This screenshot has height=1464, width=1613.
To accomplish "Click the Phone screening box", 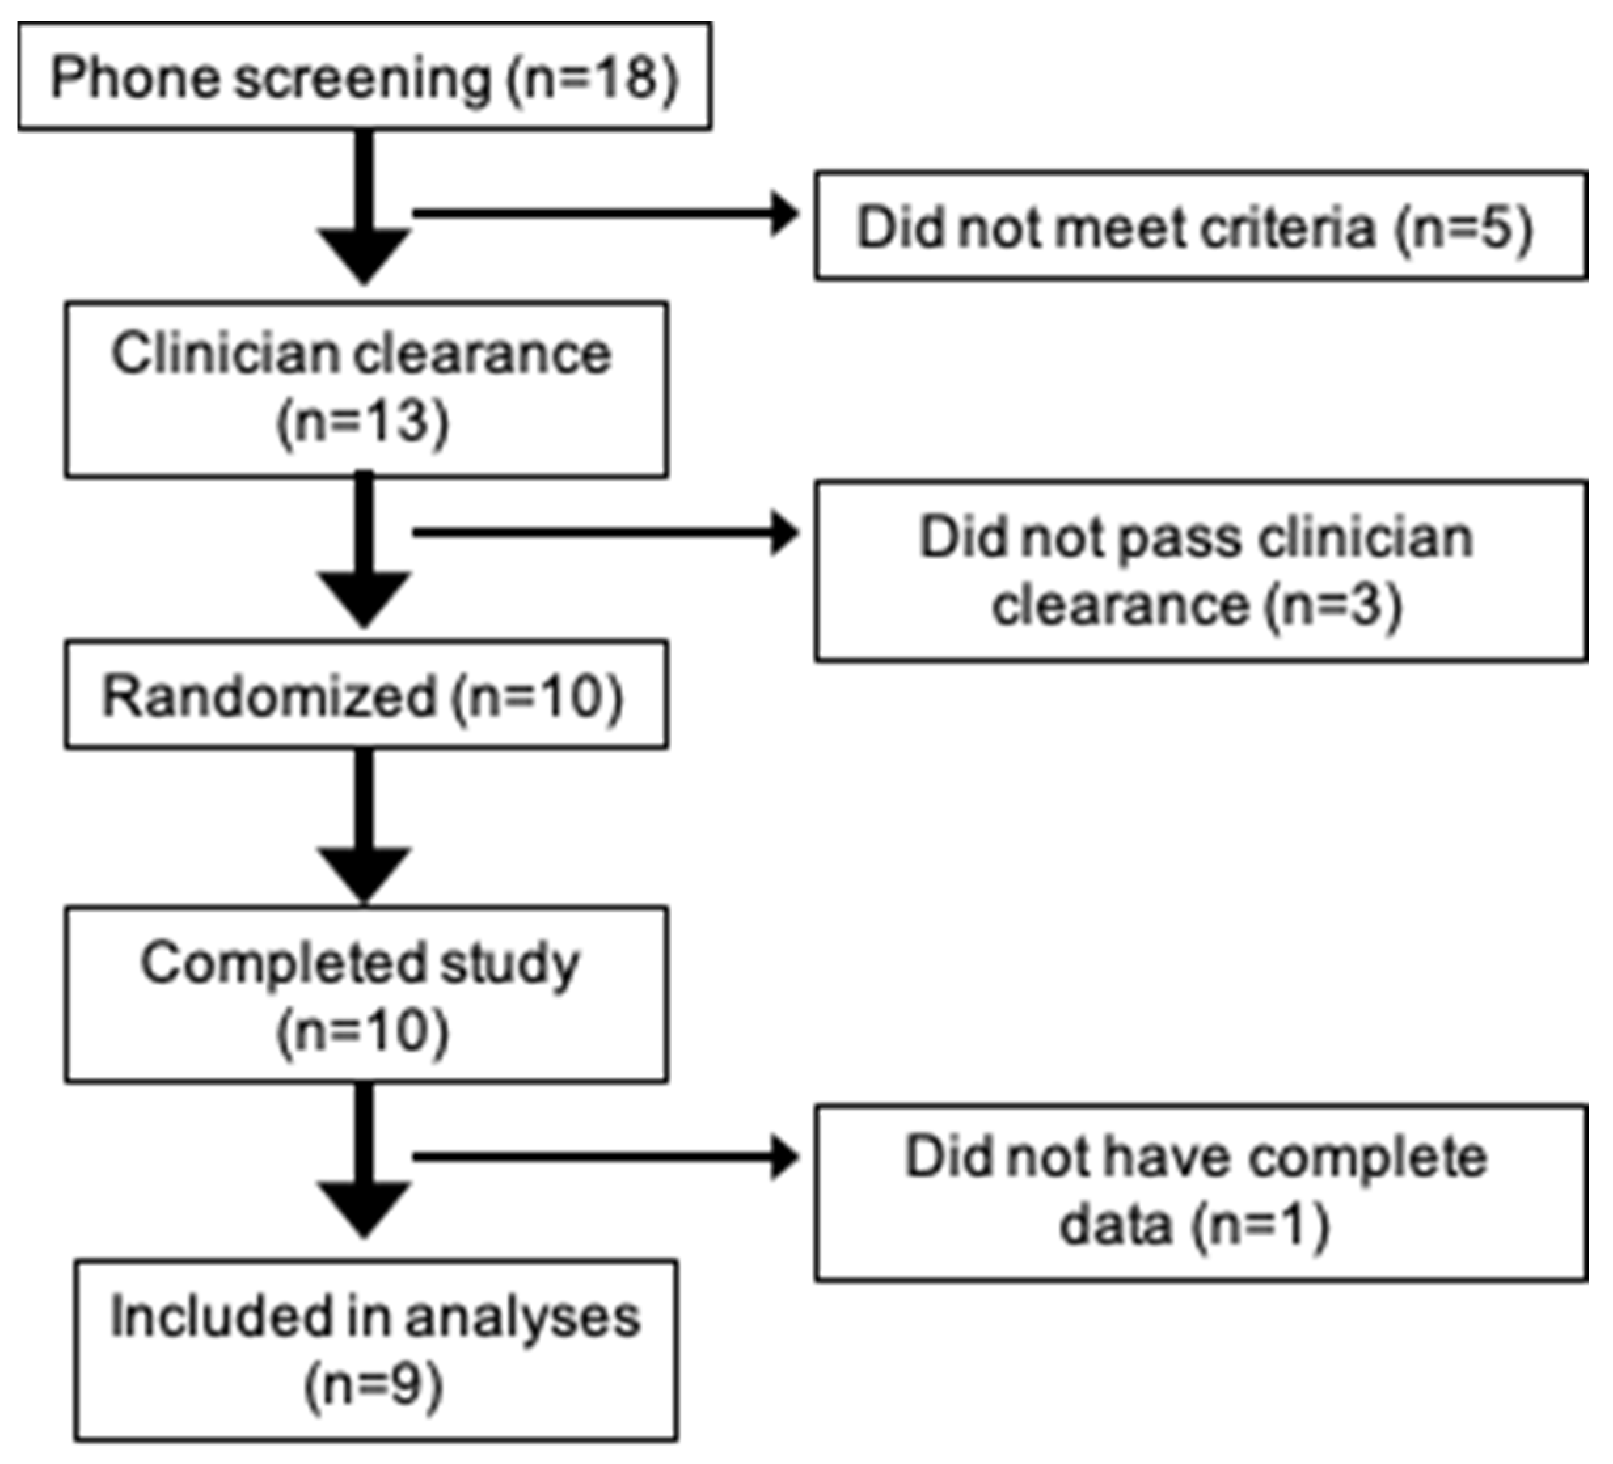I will tap(364, 76).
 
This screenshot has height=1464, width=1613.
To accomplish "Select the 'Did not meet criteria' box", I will tap(1200, 225).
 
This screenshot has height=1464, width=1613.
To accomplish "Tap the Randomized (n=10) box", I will tap(366, 694).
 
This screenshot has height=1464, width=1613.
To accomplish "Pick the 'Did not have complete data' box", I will tap(1200, 1192).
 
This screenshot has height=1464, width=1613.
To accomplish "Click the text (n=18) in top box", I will tap(592, 79).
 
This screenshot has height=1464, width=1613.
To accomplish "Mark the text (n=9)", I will tap(373, 1385).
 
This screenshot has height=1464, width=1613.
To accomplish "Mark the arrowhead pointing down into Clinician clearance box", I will tap(364, 254).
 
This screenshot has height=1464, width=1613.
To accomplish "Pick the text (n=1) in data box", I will tap(1259, 1226).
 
